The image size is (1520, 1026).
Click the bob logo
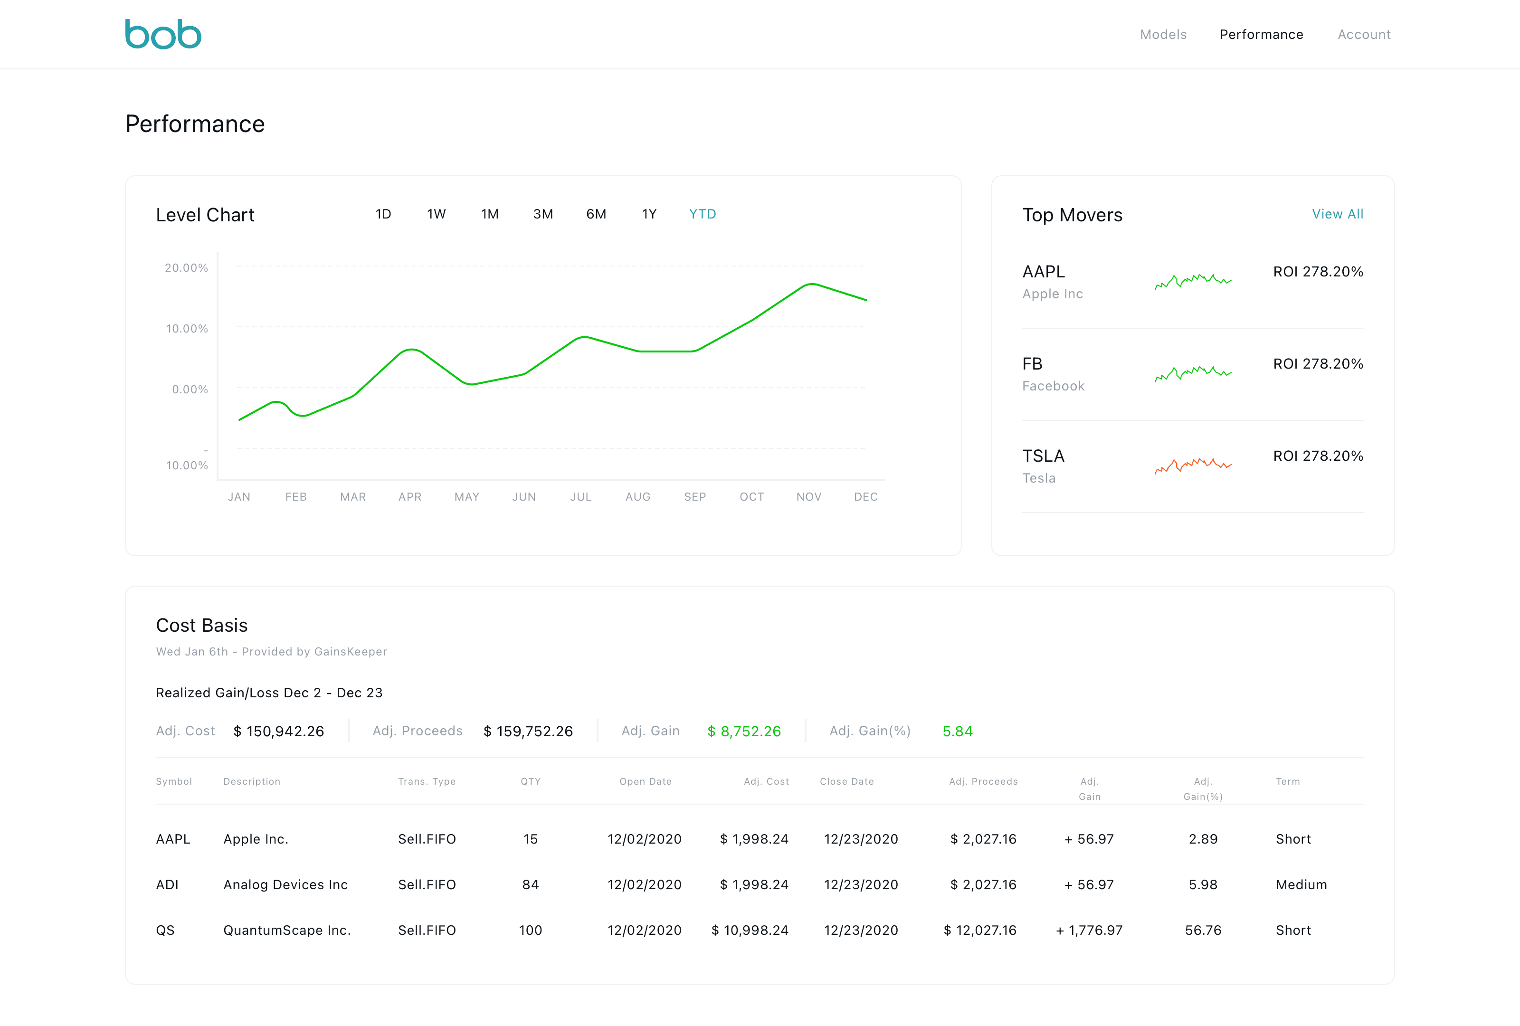click(163, 34)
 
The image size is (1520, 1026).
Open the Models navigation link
click(1163, 35)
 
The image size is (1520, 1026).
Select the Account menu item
click(1364, 35)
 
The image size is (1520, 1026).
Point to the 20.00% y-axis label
click(186, 267)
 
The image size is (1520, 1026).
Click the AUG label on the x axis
click(638, 497)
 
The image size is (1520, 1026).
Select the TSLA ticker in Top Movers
click(1043, 456)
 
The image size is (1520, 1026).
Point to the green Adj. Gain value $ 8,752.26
click(744, 731)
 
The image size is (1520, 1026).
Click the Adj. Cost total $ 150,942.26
click(279, 731)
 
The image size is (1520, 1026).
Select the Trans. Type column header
click(427, 781)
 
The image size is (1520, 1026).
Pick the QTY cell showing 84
click(531, 885)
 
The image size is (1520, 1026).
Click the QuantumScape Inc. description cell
click(287, 931)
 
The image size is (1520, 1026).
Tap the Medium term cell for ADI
click(1301, 885)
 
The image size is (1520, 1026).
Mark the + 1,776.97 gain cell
click(1089, 931)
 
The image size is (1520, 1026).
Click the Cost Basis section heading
click(201, 625)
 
